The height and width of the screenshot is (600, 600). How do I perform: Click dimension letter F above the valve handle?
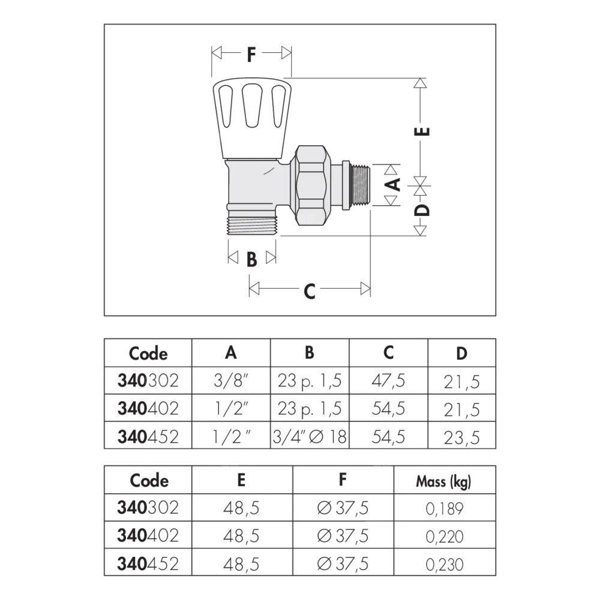tap(251, 55)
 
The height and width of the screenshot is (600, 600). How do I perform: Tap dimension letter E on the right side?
tap(422, 131)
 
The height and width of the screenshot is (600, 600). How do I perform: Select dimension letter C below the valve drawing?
tap(309, 292)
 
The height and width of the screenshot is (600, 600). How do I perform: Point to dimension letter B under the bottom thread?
tap(251, 259)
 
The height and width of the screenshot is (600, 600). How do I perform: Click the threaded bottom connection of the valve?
tap(252, 226)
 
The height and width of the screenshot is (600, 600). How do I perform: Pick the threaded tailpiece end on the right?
tap(360, 185)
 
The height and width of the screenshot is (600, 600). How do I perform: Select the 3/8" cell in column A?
tap(231, 381)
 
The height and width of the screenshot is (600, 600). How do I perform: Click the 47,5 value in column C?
tap(388, 381)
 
